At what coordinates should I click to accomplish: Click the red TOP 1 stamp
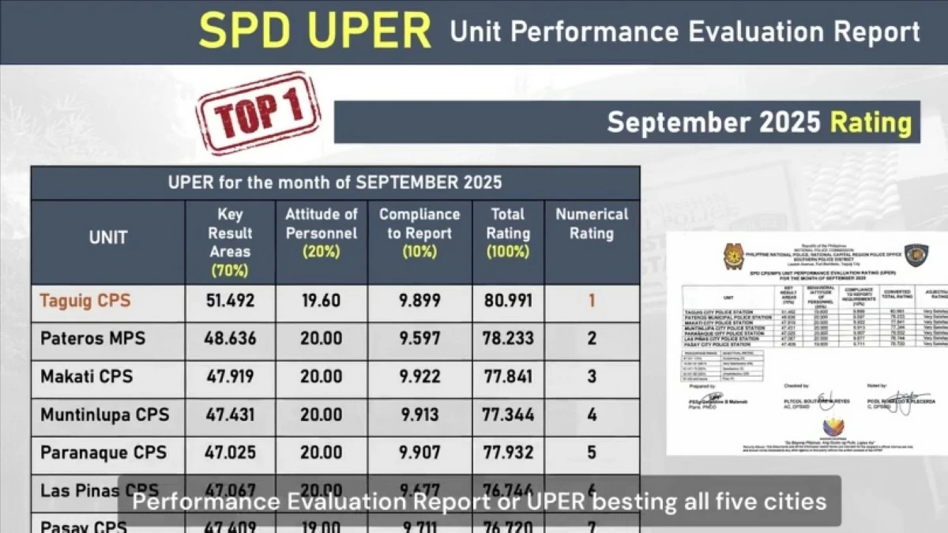(x=258, y=113)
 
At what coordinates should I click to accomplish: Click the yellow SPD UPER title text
(x=314, y=32)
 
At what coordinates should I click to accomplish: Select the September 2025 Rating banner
(x=758, y=122)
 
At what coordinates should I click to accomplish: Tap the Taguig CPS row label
(x=85, y=301)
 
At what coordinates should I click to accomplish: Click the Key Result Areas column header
(x=230, y=242)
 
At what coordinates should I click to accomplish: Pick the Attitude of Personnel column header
(x=322, y=232)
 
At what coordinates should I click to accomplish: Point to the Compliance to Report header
(x=419, y=223)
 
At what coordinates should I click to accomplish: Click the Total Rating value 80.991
(x=508, y=301)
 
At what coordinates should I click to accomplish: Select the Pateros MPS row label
(x=93, y=338)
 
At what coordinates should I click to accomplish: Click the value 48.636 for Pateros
(x=231, y=338)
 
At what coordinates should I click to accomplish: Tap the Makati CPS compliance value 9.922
(x=419, y=377)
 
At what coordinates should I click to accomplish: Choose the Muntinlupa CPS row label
(x=104, y=415)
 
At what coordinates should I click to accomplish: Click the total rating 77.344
(x=508, y=415)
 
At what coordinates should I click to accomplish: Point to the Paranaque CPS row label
(x=103, y=452)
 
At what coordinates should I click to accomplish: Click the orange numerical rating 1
(x=592, y=301)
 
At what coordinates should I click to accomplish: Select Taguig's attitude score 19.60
(x=322, y=301)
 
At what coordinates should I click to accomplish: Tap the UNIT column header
(x=108, y=238)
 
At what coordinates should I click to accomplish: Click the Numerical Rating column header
(x=592, y=223)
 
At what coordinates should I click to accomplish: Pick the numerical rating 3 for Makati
(x=592, y=377)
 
